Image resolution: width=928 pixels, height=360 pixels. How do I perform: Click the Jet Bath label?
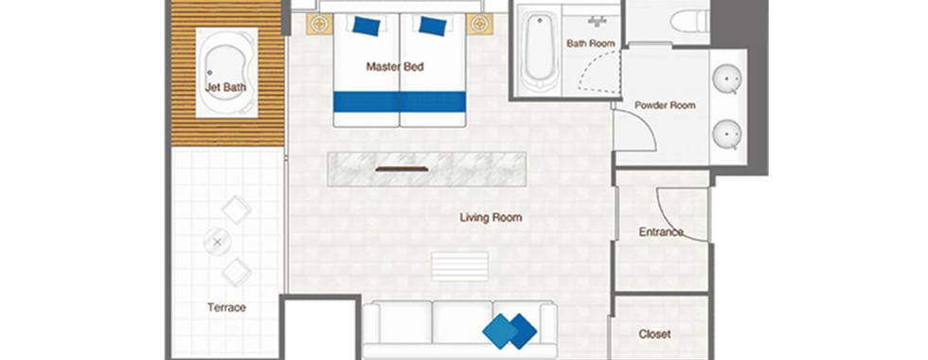coord(225,87)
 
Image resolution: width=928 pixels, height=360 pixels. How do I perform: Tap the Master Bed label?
coord(395,67)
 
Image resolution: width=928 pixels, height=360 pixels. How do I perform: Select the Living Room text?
coord(491,217)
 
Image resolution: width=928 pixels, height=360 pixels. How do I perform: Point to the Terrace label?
coord(226,307)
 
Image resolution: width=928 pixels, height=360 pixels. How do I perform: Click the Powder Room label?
coord(665,105)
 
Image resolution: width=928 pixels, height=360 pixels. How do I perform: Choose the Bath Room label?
coord(591,44)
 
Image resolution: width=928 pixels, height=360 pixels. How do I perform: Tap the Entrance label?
coord(661,232)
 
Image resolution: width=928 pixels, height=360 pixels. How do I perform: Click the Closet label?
coord(654,333)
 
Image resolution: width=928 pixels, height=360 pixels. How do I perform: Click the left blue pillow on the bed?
coord(366,27)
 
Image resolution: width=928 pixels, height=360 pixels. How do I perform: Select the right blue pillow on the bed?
coord(433,27)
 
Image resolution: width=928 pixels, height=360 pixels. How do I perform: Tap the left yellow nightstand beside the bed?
coord(320,25)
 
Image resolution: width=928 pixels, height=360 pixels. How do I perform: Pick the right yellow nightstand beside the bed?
coord(479,25)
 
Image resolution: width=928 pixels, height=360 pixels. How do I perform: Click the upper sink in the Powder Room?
coord(727,79)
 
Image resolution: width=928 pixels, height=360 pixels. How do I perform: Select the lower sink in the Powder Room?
coord(727,135)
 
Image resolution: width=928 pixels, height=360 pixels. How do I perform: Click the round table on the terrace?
coord(217,242)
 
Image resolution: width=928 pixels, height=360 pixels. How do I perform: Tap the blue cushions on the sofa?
coord(509,331)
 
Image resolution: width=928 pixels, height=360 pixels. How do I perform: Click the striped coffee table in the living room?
coord(460,266)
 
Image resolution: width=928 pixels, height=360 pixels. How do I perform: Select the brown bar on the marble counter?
coord(402,170)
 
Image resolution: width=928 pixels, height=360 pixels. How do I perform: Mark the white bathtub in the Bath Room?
coord(541,53)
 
